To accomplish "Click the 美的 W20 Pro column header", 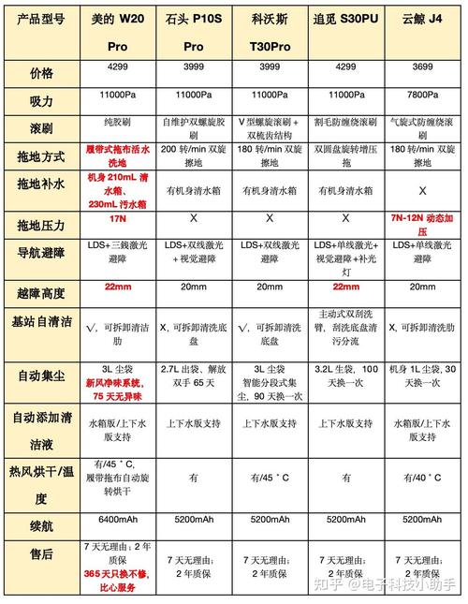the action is tap(118, 31).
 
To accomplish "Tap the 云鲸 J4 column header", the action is tap(424, 18).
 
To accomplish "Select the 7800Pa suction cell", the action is tap(424, 96).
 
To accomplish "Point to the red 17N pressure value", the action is tap(118, 218).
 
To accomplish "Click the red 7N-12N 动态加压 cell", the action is tap(424, 224).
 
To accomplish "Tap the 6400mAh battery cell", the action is tap(118, 519).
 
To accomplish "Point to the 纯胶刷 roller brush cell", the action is tap(118, 122).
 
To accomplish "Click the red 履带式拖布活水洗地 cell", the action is tap(118, 155).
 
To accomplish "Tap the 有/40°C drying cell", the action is tap(424, 478).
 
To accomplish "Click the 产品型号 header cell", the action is tap(41, 19).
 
